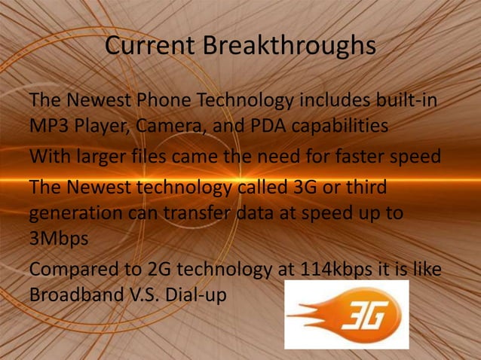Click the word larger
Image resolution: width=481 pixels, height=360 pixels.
pyautogui.click(x=106, y=157)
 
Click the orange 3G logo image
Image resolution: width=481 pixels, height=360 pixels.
pyautogui.click(x=346, y=315)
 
